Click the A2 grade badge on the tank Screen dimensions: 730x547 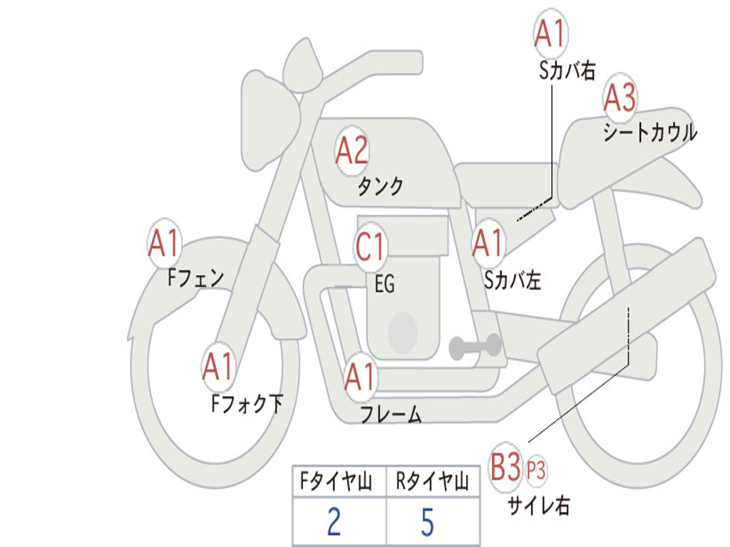tap(351, 151)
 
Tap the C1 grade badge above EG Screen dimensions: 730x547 tap(370, 246)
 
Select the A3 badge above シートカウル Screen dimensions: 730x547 tap(620, 97)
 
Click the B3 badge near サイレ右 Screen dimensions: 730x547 tap(505, 467)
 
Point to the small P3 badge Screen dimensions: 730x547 tap(536, 470)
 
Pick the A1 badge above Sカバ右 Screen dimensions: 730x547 tap(550, 33)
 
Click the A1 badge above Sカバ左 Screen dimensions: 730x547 tap(488, 243)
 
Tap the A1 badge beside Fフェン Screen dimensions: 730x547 tap(165, 243)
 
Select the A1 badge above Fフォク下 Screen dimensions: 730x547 tap(219, 367)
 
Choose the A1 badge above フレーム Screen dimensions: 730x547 tap(361, 376)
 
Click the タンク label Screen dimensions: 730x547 tap(381, 186)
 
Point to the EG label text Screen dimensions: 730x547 tap(385, 283)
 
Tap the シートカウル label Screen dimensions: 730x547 tap(650, 132)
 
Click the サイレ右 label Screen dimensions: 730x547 tap(539, 505)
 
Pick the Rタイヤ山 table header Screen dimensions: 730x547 tap(433, 481)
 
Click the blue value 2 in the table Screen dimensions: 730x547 tap(334, 521)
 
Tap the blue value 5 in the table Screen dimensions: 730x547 tap(428, 521)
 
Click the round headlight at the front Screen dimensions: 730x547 tap(272, 122)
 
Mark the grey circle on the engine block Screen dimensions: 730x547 tap(403, 333)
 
